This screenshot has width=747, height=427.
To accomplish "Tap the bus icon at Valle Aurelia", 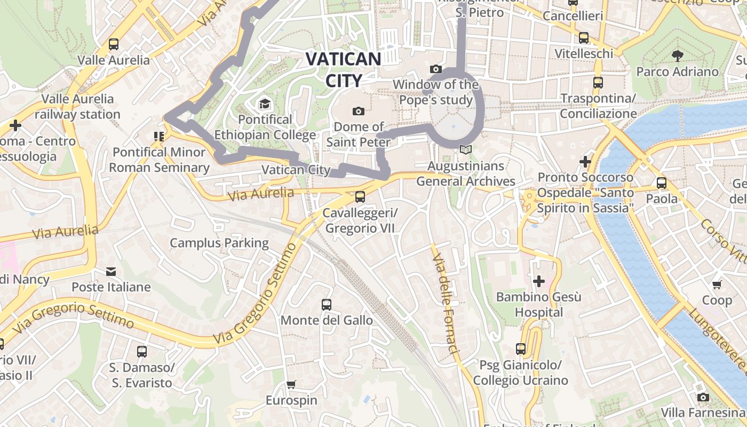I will tap(114, 44).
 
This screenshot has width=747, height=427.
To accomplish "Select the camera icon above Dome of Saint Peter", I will tap(359, 111).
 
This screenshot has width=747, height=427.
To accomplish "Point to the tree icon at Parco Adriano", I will tap(677, 56).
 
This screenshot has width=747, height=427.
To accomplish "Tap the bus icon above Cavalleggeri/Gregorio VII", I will tap(360, 197).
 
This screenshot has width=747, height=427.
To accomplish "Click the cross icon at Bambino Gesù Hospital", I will tap(539, 281).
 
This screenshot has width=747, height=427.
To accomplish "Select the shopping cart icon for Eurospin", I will tap(291, 385).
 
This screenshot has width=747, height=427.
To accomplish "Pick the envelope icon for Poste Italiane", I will tap(111, 272).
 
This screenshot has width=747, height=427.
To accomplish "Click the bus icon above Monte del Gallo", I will tap(327, 305).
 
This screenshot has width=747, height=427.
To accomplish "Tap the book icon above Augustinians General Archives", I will tap(466, 150).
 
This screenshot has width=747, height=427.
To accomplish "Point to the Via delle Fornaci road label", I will tap(446, 304).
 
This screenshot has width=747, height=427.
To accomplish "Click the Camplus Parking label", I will tap(219, 243).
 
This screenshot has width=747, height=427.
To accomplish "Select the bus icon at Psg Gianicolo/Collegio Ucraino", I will tap(521, 349).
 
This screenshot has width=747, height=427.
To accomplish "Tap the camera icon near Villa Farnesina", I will tap(703, 397).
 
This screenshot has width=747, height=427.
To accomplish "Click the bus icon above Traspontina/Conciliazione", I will tap(598, 83).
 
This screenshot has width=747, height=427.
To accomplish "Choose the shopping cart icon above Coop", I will tap(717, 284).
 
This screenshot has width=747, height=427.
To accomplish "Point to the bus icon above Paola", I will tap(662, 183).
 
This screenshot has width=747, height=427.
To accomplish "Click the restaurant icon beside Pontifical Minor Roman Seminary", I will tap(158, 137).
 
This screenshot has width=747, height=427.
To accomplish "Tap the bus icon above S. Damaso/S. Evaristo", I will tap(141, 352).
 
